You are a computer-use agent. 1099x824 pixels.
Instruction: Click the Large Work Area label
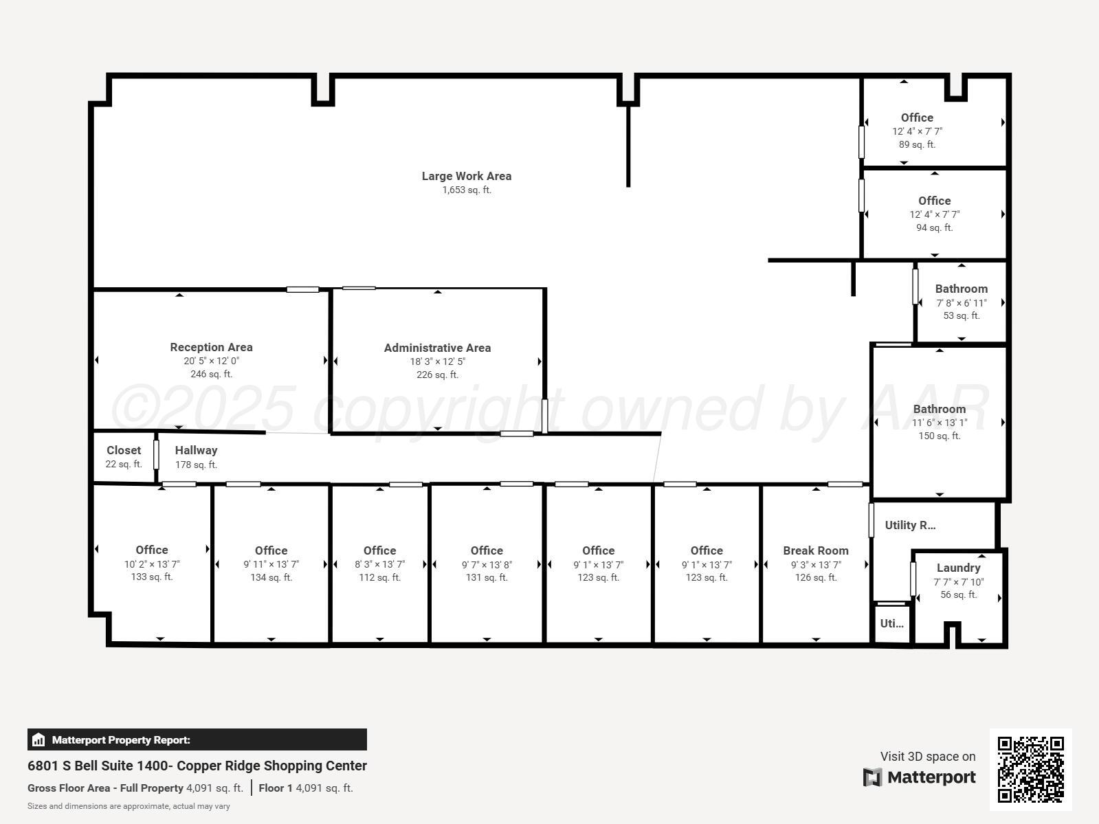(466, 176)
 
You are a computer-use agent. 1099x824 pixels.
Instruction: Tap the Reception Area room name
(211, 347)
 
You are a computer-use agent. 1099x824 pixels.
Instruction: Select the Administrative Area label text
(437, 348)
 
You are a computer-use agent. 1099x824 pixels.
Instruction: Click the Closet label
(124, 450)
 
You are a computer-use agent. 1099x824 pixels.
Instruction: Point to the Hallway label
(196, 450)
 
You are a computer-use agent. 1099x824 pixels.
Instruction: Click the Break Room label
(815, 550)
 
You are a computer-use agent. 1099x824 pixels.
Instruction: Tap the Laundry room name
(958, 568)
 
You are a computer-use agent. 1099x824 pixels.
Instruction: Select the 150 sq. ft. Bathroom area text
(939, 436)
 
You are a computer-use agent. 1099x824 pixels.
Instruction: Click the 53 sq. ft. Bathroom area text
(961, 315)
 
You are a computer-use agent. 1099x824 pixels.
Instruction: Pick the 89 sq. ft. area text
(917, 144)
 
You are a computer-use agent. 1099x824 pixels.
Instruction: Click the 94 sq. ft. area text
(934, 227)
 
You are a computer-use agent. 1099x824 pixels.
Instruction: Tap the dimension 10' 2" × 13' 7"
(151, 564)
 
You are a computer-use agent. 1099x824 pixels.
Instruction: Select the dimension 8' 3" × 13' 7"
(379, 564)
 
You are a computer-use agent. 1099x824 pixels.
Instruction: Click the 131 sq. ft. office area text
(487, 577)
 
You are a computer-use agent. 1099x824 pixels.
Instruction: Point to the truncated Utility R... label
(909, 525)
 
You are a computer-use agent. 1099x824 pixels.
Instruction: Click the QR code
(1030, 769)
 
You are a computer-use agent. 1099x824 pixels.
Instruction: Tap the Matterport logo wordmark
(931, 777)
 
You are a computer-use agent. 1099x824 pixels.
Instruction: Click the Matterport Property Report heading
(121, 740)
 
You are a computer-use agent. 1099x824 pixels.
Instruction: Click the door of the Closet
(156, 454)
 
